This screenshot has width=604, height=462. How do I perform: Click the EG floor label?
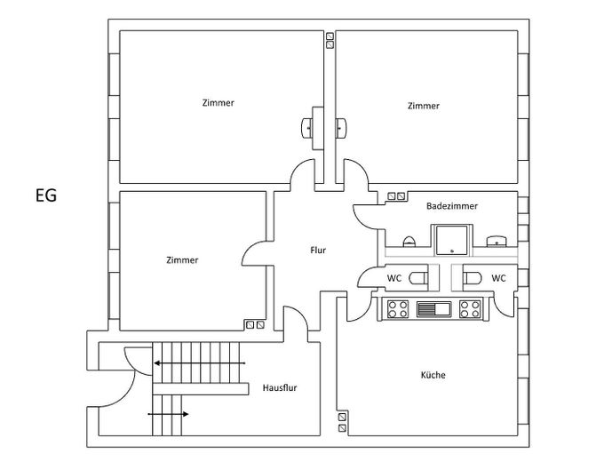coord(46,195)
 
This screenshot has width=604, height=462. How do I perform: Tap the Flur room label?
coord(318,251)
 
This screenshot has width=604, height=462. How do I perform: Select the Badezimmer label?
coord(452,206)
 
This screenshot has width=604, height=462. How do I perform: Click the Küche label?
coord(433,375)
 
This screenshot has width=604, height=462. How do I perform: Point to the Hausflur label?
coord(280,387)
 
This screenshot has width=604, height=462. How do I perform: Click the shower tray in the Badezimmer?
coord(452,240)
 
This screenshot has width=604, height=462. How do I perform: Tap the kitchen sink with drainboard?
coord(433,309)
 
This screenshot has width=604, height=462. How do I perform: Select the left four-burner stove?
coord(398,309)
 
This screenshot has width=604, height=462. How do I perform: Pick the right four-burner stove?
coord(470,309)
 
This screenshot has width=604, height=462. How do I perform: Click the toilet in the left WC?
coord(418,278)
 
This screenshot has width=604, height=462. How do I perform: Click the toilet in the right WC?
coord(473,278)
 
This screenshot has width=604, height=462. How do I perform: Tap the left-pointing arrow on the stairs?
coord(200,363)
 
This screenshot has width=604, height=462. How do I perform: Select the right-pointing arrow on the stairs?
coord(169,414)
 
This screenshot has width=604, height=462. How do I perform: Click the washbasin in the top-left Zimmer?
coord(306,128)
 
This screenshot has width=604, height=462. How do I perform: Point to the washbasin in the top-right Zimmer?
coord(341,128)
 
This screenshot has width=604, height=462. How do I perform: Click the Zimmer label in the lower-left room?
coord(182,260)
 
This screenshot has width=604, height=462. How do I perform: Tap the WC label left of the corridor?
coord(394,278)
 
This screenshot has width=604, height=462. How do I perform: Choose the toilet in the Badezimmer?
coord(409,242)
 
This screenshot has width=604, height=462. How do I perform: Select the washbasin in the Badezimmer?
coord(497,241)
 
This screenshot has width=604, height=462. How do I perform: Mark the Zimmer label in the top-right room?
coord(424,106)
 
